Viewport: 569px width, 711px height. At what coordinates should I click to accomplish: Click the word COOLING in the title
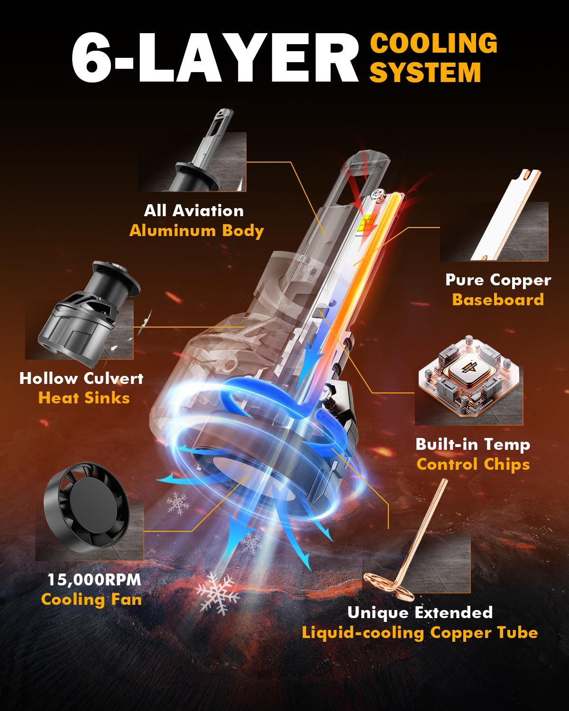pyautogui.click(x=433, y=43)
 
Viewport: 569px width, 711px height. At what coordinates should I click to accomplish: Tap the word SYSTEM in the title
pyautogui.click(x=425, y=72)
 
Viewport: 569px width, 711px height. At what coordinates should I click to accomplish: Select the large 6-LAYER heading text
pyautogui.click(x=215, y=57)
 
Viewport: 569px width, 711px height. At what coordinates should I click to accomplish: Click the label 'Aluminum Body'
pyautogui.click(x=196, y=231)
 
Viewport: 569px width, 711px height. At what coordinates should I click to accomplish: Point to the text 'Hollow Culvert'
pyautogui.click(x=82, y=378)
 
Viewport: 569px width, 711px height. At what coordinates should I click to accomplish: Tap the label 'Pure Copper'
pyautogui.click(x=498, y=280)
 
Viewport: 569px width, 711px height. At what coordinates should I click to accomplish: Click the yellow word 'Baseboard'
pyautogui.click(x=498, y=300)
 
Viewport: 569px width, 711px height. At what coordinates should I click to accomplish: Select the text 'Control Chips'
pyautogui.click(x=473, y=464)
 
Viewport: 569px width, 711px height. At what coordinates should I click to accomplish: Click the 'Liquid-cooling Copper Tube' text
pyautogui.click(x=420, y=632)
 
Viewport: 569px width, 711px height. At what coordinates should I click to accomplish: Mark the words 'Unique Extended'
pyautogui.click(x=420, y=612)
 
